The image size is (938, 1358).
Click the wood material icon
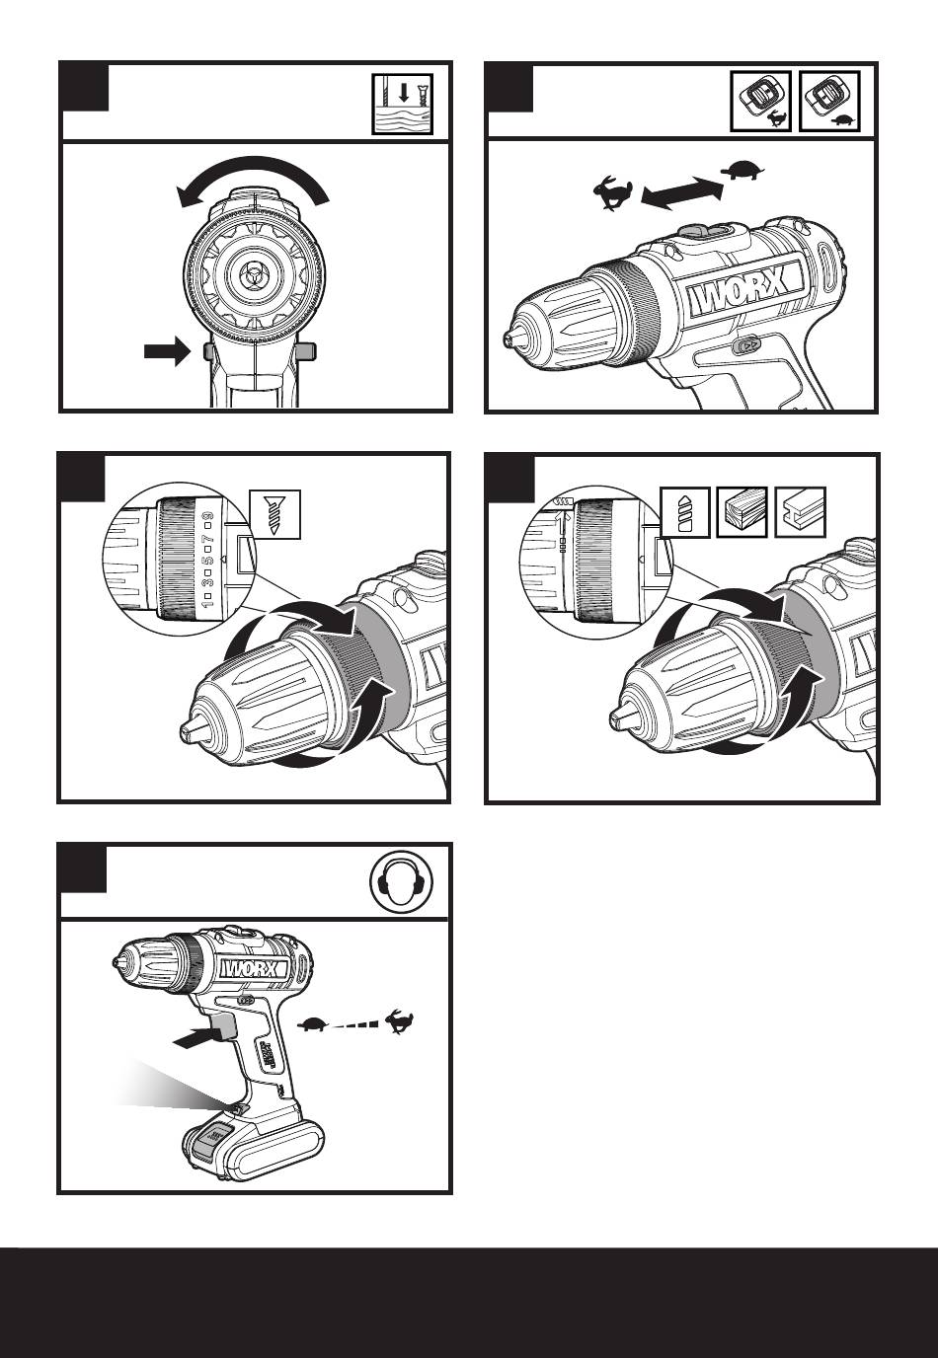click(742, 511)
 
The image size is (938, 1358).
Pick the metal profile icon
click(799, 511)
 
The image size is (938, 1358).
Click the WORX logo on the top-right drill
click(738, 296)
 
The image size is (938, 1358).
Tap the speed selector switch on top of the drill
click(705, 231)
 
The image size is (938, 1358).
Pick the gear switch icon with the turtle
click(828, 102)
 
